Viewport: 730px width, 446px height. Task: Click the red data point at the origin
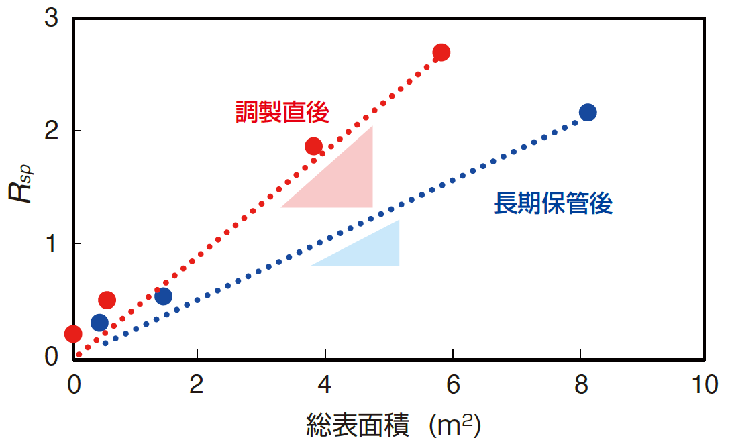pos(73,333)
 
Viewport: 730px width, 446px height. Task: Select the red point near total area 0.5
pos(107,300)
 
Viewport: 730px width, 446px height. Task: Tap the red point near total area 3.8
pos(313,146)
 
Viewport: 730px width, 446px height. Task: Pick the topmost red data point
pos(441,52)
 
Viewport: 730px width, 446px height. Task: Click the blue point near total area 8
pos(588,112)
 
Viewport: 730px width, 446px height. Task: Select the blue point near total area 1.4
pos(163,296)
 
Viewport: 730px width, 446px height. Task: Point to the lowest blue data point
pos(99,323)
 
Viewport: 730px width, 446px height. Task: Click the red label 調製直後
pos(282,112)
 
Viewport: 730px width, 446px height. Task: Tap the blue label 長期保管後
pos(554,204)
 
